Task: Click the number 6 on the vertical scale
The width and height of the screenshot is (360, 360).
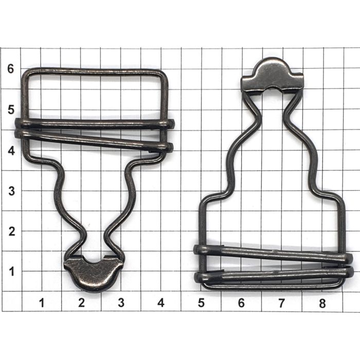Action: click(x=11, y=68)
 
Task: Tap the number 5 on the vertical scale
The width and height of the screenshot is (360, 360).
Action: click(x=11, y=110)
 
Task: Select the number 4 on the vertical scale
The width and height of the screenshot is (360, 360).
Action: click(x=11, y=151)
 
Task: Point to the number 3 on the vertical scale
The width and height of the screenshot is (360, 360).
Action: click(x=11, y=191)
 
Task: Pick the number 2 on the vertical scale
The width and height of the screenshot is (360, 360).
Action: click(x=12, y=231)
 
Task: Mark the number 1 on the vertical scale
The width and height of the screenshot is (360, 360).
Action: click(x=12, y=272)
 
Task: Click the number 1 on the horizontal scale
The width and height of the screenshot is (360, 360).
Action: click(x=42, y=303)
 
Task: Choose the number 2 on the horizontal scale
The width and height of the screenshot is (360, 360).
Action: click(x=81, y=303)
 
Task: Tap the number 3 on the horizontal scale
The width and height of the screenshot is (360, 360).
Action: click(x=121, y=303)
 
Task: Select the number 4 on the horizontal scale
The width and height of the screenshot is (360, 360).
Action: click(x=161, y=303)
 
